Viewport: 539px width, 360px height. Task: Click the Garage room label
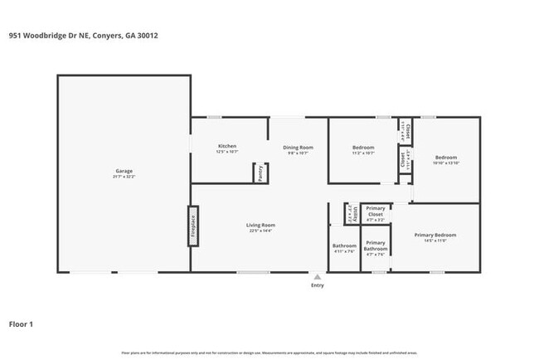[x=124, y=171]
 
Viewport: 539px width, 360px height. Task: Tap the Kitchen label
[x=227, y=146]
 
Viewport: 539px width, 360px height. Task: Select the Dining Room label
[x=298, y=147]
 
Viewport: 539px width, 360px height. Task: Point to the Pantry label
[x=260, y=173]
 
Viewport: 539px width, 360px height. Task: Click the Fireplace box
[x=192, y=226]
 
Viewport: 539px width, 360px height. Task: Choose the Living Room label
[x=260, y=225]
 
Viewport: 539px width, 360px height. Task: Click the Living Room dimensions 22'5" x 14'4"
[x=260, y=231]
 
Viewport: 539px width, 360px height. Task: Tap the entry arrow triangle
[x=317, y=277]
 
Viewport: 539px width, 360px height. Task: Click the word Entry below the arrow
[x=317, y=285]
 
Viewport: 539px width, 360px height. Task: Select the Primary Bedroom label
[x=435, y=235]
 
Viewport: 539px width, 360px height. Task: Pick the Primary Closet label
[x=376, y=211]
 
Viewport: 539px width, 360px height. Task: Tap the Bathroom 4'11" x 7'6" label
[x=344, y=246]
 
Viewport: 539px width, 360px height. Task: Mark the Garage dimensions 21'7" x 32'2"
[x=124, y=177]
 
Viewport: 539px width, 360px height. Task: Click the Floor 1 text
[x=21, y=324]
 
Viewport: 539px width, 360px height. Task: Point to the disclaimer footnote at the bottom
[x=269, y=353]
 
